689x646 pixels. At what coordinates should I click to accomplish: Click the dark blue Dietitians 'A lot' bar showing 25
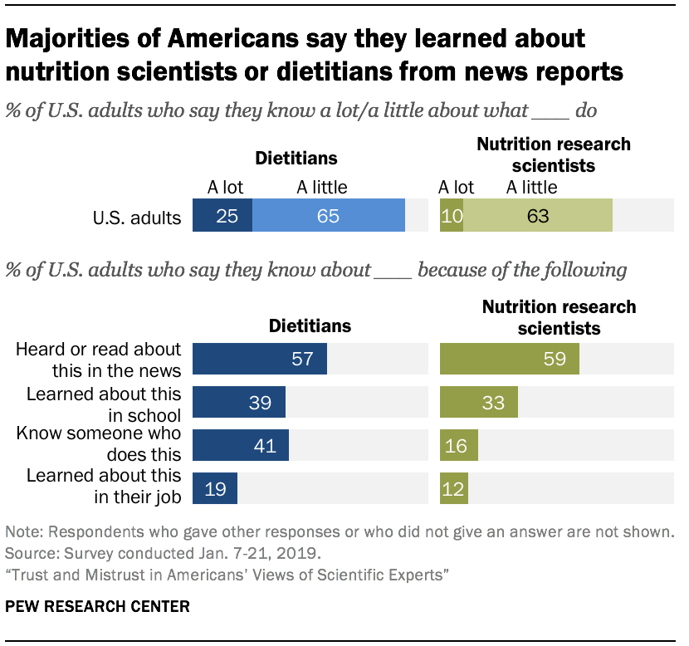222,216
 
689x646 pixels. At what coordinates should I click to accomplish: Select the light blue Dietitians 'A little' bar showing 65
329,216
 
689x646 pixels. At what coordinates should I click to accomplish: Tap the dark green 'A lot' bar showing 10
452,216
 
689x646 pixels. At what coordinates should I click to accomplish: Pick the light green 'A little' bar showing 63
538,216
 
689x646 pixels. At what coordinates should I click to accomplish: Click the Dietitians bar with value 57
260,359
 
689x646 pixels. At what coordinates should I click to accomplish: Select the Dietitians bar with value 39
239,402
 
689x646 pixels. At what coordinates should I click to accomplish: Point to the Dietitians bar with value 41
241,445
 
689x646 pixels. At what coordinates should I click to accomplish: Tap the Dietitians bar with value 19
215,488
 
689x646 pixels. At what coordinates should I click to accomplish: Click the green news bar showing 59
510,359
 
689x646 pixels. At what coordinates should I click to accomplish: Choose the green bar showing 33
479,402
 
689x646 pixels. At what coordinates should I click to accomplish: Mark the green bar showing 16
459,445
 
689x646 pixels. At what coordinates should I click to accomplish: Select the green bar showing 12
454,488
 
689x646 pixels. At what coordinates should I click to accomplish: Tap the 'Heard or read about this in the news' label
98,360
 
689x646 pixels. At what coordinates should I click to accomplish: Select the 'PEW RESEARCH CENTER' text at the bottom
98,607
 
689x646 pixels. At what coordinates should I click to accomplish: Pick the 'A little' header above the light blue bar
322,187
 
